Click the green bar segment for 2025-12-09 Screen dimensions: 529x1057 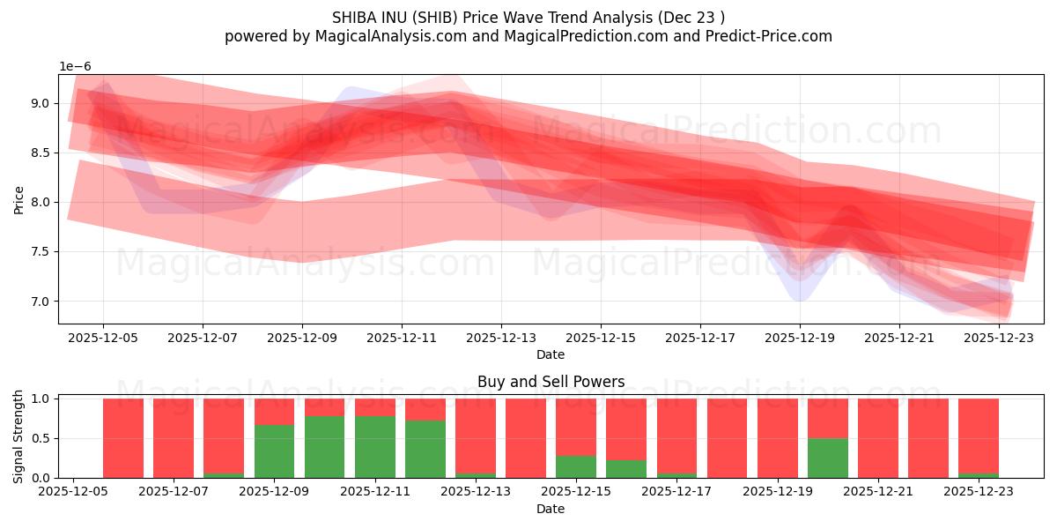coord(274,451)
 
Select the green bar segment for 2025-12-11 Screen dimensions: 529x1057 coord(374,447)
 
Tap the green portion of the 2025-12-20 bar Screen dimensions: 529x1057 coord(828,458)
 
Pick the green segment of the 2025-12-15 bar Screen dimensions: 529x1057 coord(576,466)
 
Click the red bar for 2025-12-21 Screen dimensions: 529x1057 coord(878,438)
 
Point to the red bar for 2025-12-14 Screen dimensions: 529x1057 coord(526,438)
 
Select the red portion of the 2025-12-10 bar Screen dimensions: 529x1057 coord(324,406)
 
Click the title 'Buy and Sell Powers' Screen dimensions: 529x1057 coord(551,382)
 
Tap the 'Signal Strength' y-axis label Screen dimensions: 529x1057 coord(18,438)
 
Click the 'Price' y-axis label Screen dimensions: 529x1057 coord(18,199)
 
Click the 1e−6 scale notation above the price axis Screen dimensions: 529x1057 coord(75,66)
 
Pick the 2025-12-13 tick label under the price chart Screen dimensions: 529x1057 coord(500,337)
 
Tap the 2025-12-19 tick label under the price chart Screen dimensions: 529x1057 coord(799,337)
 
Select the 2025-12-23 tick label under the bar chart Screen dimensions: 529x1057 coord(979,492)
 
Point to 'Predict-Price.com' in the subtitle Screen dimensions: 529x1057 coord(771,36)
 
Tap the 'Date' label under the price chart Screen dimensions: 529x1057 coord(551,354)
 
